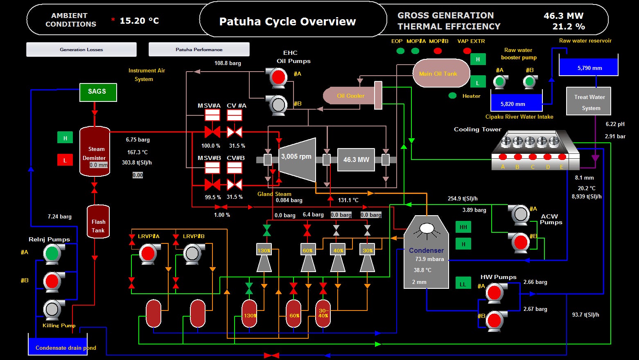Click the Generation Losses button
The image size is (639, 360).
coord(81,49)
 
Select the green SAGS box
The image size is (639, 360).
coord(97,92)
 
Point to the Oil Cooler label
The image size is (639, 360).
coord(350,96)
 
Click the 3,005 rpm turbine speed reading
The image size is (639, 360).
coord(296,156)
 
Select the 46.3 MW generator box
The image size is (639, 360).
coord(356,160)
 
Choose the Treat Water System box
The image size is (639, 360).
coord(589,102)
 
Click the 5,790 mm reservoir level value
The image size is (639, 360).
coord(589,68)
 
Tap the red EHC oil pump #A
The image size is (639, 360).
coord(278,76)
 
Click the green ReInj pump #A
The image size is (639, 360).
coord(52,253)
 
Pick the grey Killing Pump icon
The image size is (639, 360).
coord(52,309)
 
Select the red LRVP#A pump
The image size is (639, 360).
coord(148,253)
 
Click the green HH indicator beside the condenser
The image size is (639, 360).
coord(463,227)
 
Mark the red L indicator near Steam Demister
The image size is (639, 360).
coord(65,160)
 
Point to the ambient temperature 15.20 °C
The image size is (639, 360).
coord(139,21)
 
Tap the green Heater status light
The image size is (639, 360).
coord(452,96)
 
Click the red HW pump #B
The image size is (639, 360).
coord(494,320)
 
